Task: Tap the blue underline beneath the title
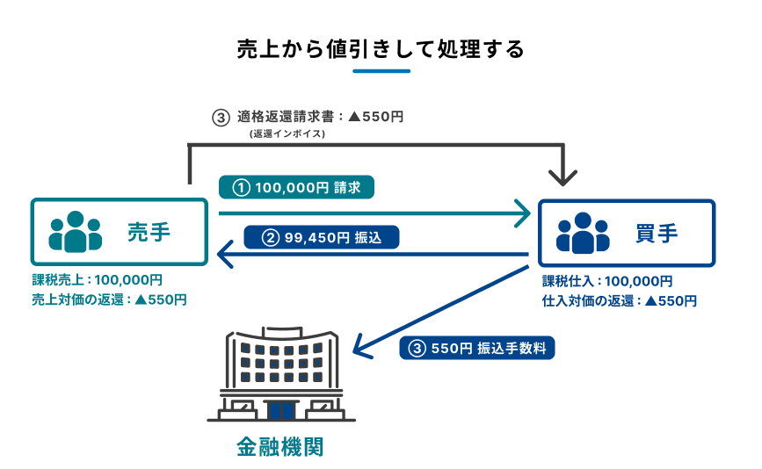pos(381,71)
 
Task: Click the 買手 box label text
pos(656,233)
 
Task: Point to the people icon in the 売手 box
pos(75,232)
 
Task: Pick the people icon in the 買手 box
pos(583,233)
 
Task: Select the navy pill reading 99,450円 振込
pos(321,236)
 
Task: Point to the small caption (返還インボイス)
pos(287,133)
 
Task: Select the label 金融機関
pos(280,447)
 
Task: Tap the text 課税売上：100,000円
pos(98,281)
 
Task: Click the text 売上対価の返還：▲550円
pos(110,299)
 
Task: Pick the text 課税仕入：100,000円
pos(607,282)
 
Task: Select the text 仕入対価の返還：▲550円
pos(620,300)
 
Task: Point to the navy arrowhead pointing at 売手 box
pos(223,256)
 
